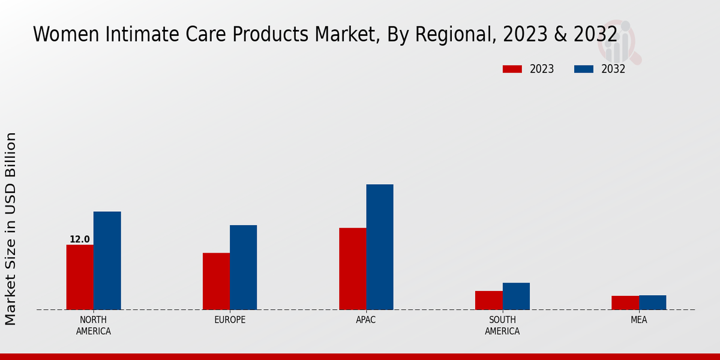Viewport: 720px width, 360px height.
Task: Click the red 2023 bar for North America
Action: [80, 277]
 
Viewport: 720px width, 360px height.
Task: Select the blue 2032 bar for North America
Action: [107, 260]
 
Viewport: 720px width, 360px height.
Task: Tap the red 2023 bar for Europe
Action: [216, 281]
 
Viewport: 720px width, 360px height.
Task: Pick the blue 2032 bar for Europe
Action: [243, 268]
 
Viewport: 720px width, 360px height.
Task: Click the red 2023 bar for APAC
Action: [352, 269]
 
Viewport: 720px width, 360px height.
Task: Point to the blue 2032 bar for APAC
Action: [380, 247]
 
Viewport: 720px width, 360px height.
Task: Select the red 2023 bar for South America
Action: [488, 300]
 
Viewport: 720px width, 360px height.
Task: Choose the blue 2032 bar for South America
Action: [516, 296]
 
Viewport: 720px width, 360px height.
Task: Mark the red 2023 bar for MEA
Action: [625, 302]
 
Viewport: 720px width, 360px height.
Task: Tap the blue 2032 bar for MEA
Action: [652, 302]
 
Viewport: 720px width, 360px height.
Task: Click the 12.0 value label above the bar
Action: [80, 239]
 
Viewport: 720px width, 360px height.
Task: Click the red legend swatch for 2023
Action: [512, 69]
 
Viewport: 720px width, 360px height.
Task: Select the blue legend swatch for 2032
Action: [583, 69]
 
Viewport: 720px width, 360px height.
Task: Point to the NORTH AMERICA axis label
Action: [94, 325]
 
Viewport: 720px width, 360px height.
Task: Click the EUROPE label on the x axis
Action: [230, 320]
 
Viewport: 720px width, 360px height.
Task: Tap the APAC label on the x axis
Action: [366, 320]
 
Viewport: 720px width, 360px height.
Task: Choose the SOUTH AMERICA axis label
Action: [502, 325]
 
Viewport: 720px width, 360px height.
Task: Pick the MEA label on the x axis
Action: [638, 320]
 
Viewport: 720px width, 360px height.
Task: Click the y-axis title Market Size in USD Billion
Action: [11, 228]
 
